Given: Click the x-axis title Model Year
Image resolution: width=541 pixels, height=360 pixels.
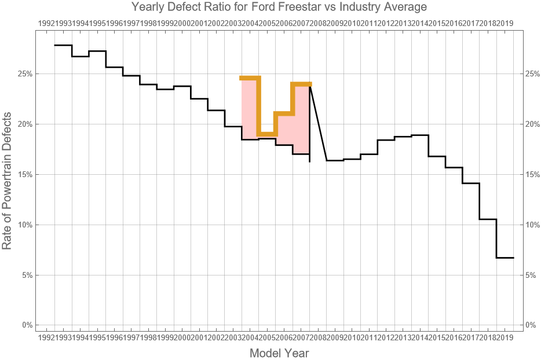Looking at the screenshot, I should click(279, 352).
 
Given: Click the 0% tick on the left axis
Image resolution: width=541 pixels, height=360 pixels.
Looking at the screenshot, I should click(27, 325).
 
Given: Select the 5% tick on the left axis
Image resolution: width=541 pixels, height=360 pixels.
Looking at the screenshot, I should click(27, 275).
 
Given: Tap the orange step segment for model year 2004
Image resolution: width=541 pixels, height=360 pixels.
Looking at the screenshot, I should click(250, 78).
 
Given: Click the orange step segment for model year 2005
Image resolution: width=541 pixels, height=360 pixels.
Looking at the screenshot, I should click(267, 134).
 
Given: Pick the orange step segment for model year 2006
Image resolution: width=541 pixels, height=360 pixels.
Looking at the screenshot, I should click(284, 113).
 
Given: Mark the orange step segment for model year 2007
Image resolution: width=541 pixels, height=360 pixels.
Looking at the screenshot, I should click(301, 85).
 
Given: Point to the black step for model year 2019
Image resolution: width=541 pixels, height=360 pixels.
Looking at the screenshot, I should click(505, 258).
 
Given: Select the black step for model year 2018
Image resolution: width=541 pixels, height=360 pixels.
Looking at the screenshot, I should click(488, 219).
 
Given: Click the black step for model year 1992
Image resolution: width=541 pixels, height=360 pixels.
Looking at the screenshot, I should click(63, 45).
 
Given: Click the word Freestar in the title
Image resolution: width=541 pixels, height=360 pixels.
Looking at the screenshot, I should click(273, 8).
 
